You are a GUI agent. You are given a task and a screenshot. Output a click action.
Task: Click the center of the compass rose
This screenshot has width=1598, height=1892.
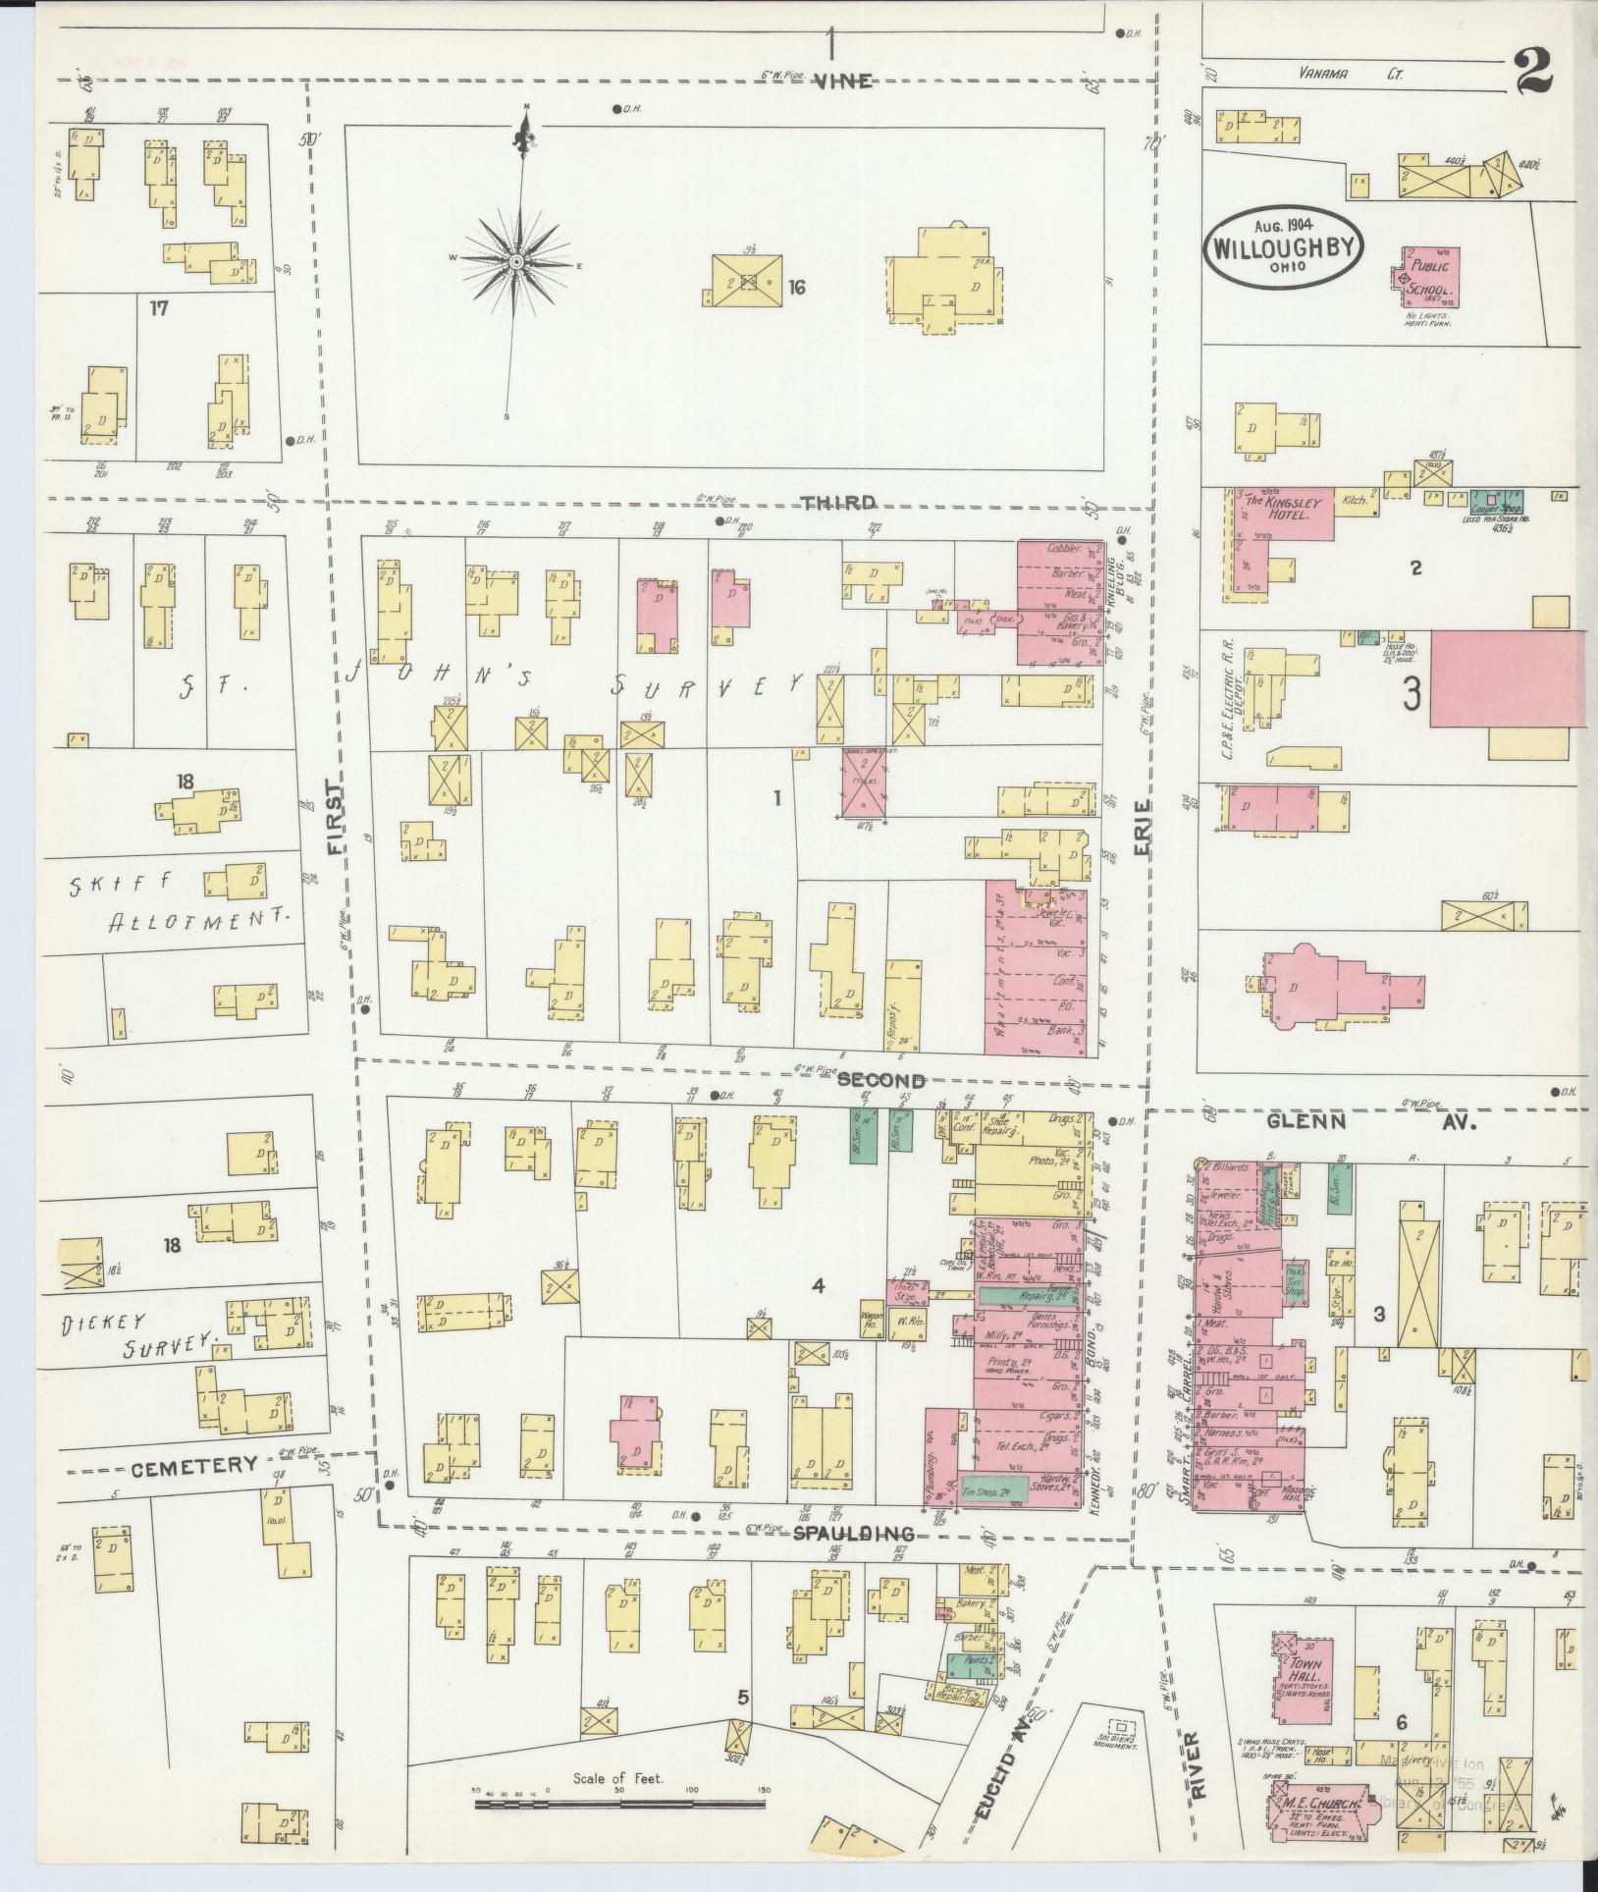[514, 262]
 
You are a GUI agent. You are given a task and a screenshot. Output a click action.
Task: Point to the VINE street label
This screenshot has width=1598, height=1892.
[842, 81]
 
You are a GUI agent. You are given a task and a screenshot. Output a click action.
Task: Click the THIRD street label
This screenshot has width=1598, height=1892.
[836, 503]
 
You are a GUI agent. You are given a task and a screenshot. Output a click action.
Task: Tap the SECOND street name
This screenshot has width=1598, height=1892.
[881, 1081]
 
